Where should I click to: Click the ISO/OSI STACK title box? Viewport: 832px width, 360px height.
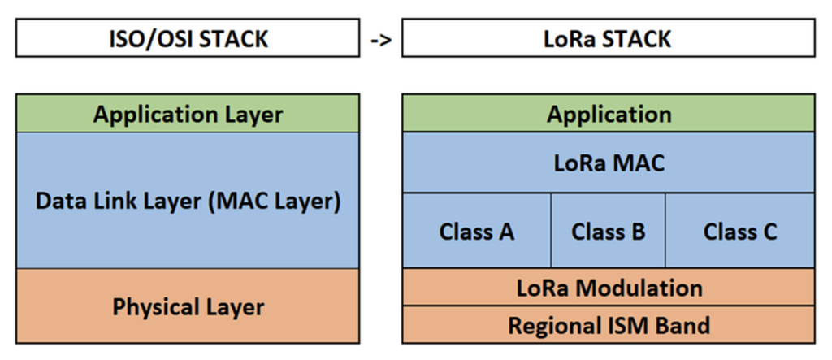pos(187,38)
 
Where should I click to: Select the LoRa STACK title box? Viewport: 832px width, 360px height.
pos(608,38)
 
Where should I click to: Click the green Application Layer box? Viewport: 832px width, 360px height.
pos(187,114)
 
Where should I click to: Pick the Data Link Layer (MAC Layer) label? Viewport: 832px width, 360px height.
pos(187,201)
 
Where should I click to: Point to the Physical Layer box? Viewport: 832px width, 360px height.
pos(187,307)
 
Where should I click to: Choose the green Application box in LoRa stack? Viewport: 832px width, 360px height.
pos(608,114)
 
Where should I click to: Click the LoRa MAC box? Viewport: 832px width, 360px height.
pos(608,163)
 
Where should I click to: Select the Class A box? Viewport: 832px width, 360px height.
pos(477,232)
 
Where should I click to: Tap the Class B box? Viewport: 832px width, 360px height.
pos(608,232)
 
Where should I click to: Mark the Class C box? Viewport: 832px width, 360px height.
pos(739,232)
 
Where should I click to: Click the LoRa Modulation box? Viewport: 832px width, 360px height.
pos(608,288)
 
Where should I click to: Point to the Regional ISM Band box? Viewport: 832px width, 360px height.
pos(608,325)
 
